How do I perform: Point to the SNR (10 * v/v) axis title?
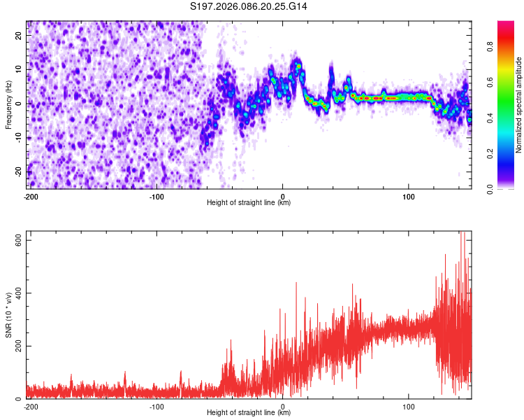(x=8, y=315)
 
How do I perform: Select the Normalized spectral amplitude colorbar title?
(x=519, y=105)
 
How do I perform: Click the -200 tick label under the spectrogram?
(x=31, y=196)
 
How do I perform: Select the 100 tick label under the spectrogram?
(x=408, y=196)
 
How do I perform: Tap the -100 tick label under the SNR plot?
(x=157, y=406)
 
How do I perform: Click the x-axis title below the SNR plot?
(x=249, y=413)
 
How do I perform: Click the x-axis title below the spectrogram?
(x=249, y=203)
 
